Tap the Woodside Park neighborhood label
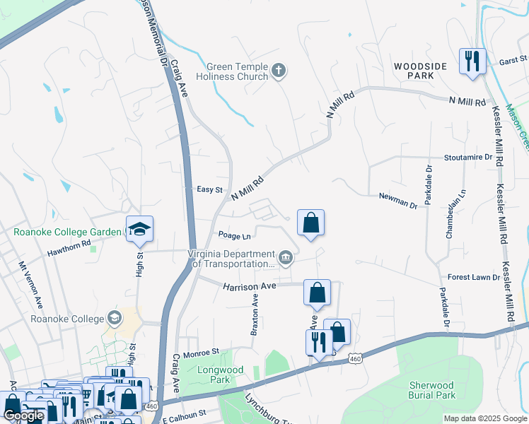pyautogui.click(x=421, y=70)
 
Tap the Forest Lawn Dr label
pyautogui.click(x=474, y=277)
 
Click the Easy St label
pyautogui.click(x=209, y=189)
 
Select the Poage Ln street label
pyautogui.click(x=235, y=236)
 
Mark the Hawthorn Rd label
pyautogui.click(x=69, y=243)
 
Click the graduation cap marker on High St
pyautogui.click(x=140, y=229)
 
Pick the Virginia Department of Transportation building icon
pyautogui.click(x=285, y=257)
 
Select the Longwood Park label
pyautogui.click(x=221, y=375)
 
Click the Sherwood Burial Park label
pyautogui.click(x=432, y=390)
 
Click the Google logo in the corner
pyautogui.click(x=23, y=416)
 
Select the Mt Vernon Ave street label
pyautogui.click(x=30, y=284)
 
